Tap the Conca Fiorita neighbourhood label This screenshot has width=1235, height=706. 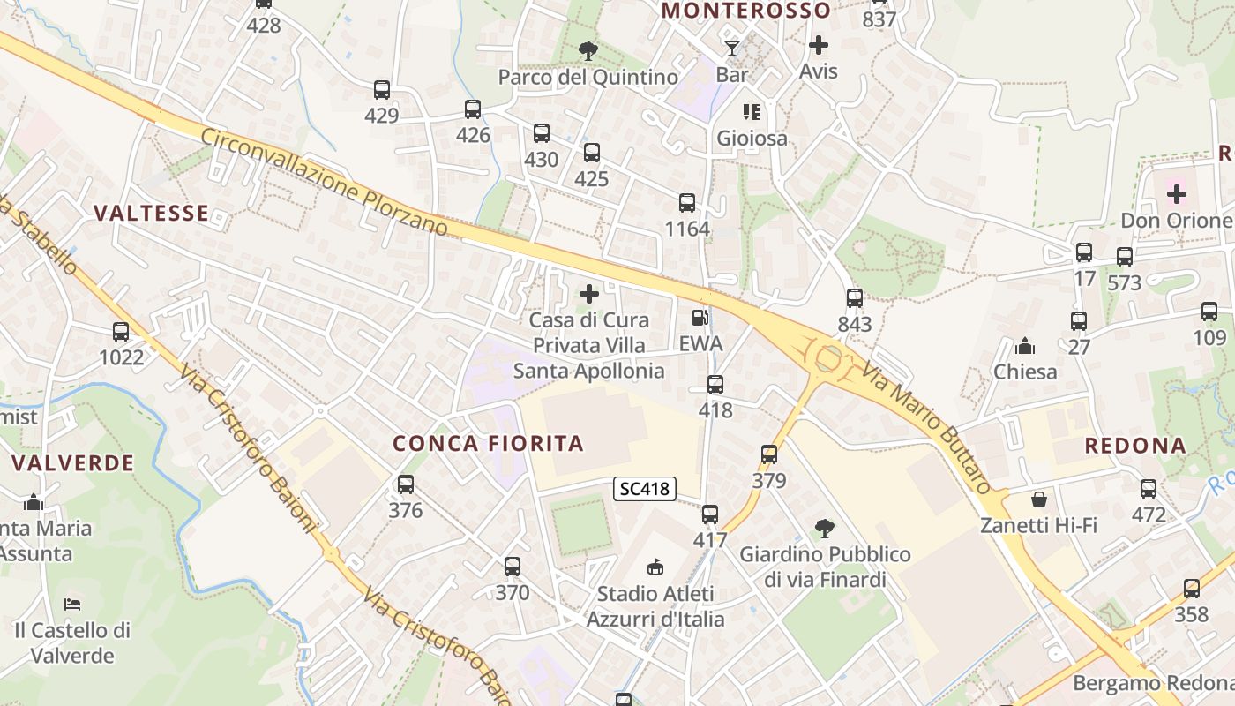pyautogui.click(x=489, y=443)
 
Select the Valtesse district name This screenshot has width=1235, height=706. pyautogui.click(x=152, y=213)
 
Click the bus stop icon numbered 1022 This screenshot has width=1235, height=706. pyautogui.click(x=121, y=332)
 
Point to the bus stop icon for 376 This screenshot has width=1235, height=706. pyautogui.click(x=406, y=484)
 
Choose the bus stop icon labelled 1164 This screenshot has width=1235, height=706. pyautogui.click(x=687, y=203)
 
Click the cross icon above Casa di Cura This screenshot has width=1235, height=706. pyautogui.click(x=589, y=294)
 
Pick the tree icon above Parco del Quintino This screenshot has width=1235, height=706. pyautogui.click(x=588, y=51)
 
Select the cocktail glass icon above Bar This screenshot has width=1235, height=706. pyautogui.click(x=731, y=48)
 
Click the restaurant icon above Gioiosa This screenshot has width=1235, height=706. pyautogui.click(x=752, y=112)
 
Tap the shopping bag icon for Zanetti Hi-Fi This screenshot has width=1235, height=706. pyautogui.click(x=1039, y=499)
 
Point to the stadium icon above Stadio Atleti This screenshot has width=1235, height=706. pyautogui.click(x=655, y=567)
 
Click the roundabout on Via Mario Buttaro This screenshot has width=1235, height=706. pyautogui.click(x=828, y=358)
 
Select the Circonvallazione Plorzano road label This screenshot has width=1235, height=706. pyautogui.click(x=324, y=183)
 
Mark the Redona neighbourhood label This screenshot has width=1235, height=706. pyautogui.click(x=1135, y=446)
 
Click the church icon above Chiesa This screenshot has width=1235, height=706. pyautogui.click(x=1025, y=346)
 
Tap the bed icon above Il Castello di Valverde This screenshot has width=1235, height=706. pyautogui.click(x=72, y=605)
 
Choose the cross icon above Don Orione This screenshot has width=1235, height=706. pyautogui.click(x=1177, y=194)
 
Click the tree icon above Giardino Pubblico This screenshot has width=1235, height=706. pyautogui.click(x=825, y=529)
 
